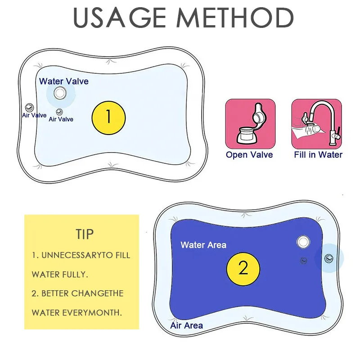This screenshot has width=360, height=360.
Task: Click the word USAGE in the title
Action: tap(116, 18)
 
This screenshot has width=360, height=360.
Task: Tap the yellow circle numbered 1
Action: tap(108, 117)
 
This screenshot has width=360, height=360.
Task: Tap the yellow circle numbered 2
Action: tap(243, 269)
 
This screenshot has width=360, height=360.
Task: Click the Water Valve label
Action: tap(63, 81)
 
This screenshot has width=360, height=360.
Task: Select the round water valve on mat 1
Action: tap(59, 93)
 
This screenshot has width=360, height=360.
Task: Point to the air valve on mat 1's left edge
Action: tap(29, 107)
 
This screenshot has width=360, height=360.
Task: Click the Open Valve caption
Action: tap(249, 155)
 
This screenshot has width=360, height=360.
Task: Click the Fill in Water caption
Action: tap(318, 155)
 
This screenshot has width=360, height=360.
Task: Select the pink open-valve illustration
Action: tap(250, 124)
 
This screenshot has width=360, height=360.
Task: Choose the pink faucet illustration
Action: tap(316, 124)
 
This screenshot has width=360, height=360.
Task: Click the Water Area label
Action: tap(203, 245)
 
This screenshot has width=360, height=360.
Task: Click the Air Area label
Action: tap(186, 325)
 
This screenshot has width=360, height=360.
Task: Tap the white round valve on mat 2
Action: tap(304, 242)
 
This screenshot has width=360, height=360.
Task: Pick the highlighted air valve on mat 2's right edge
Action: tap(329, 258)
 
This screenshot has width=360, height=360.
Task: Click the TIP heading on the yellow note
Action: tap(85, 234)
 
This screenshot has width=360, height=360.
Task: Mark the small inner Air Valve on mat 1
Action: tap(58, 111)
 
